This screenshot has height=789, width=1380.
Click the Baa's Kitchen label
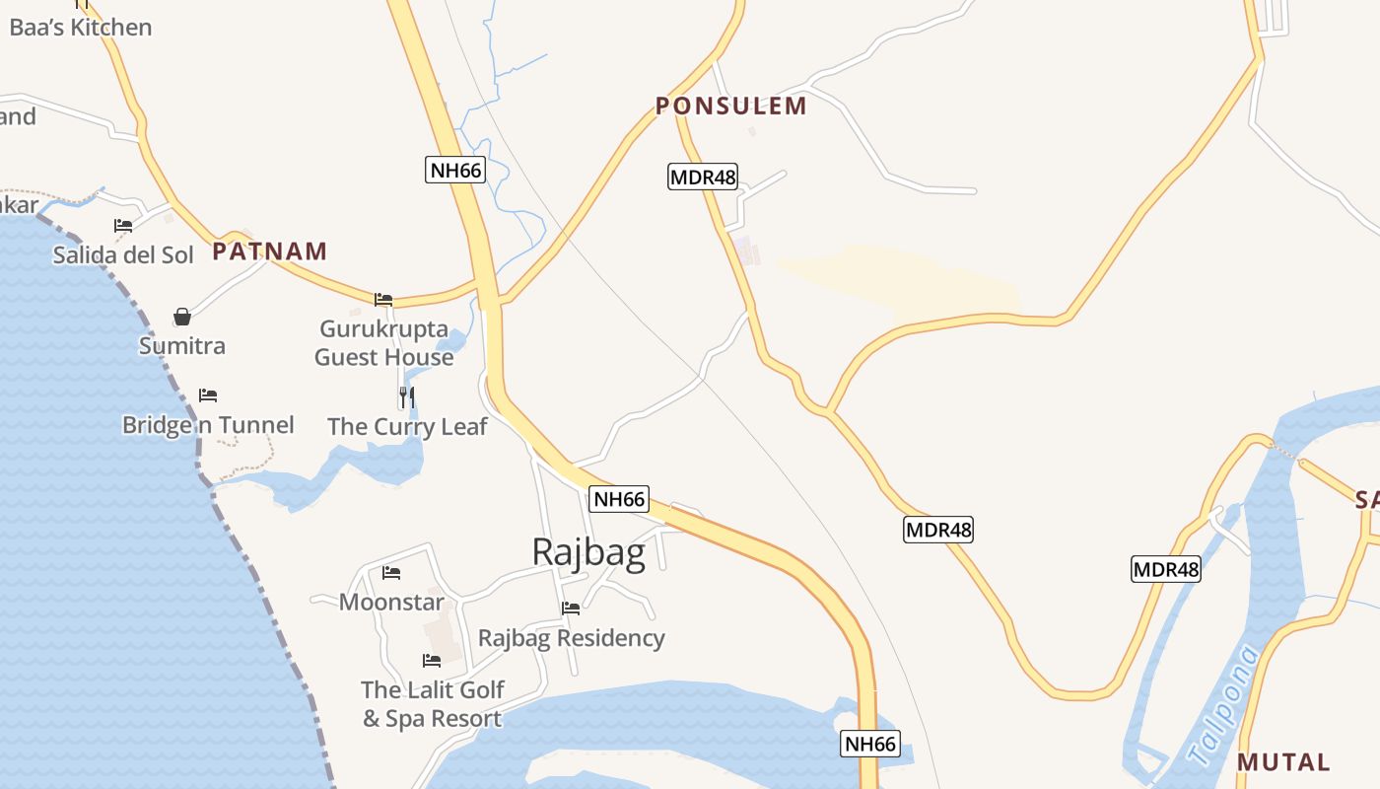81,28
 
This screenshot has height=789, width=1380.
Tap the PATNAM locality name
269,251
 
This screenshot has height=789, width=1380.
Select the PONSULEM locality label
731,107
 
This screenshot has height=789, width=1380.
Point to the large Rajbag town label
588,552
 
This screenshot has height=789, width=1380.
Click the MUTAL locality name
1283,762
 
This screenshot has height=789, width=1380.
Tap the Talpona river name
1223,707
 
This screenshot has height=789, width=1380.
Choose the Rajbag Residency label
572,638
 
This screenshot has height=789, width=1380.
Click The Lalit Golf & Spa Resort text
433,704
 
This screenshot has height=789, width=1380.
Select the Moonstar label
391,602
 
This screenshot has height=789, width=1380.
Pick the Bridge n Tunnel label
208,425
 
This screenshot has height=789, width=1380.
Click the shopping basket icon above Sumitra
182,317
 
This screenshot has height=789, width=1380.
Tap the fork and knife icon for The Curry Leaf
406,397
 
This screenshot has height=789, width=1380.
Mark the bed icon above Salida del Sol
123,226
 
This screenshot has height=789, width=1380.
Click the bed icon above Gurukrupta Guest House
383,299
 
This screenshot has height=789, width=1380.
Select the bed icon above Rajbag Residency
571,609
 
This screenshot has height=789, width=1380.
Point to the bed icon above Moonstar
391,573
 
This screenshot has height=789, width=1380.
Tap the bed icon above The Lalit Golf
432,661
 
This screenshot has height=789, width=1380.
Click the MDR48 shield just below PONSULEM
703,178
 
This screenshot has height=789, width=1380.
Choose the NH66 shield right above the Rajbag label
619,499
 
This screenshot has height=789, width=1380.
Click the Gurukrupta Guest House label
384,342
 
